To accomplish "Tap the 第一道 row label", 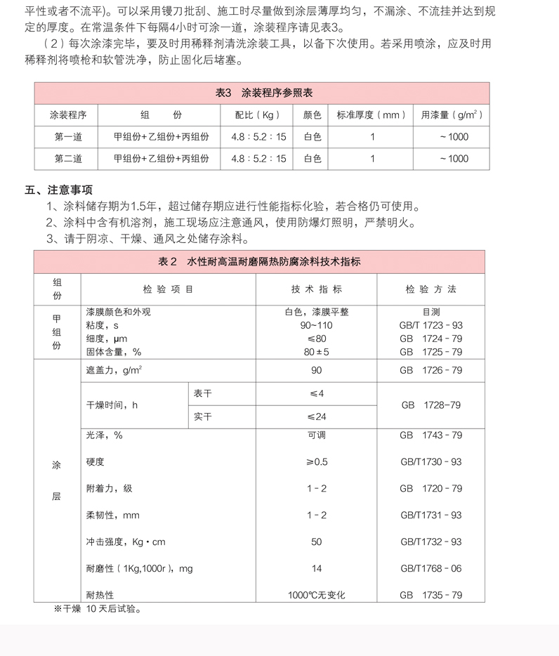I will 68,137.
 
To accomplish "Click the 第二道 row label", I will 68,159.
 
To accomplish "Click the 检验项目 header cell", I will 168,289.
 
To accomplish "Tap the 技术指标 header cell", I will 316,289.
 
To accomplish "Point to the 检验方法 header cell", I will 431,289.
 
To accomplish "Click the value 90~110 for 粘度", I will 316,325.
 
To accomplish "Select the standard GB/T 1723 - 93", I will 431,325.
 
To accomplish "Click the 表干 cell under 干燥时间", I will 203,393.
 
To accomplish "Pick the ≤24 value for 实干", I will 316,416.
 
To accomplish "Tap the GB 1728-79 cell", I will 431,405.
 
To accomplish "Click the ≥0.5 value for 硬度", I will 316,461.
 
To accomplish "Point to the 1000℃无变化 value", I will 316,595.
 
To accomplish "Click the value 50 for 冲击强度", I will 316,542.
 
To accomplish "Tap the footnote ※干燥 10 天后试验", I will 98,609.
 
